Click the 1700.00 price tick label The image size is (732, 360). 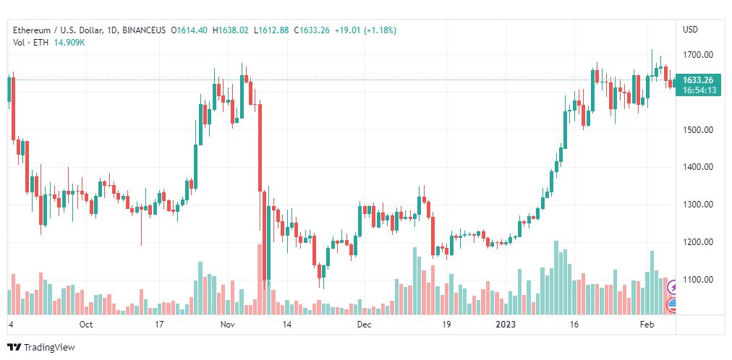[x=698, y=55]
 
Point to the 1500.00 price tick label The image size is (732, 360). [x=698, y=130]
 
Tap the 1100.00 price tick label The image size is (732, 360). [x=698, y=280]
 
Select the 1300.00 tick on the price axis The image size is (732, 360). [x=698, y=205]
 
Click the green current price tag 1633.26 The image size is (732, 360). [x=698, y=80]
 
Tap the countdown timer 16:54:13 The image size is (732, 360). [x=698, y=90]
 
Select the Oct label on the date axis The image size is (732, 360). [x=86, y=325]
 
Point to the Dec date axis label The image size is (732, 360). [x=364, y=325]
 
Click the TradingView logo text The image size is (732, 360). [x=49, y=348]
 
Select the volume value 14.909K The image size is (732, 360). [x=69, y=42]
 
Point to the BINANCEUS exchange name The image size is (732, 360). [x=144, y=30]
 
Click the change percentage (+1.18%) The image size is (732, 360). [x=379, y=30]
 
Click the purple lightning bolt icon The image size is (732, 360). [x=673, y=288]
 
